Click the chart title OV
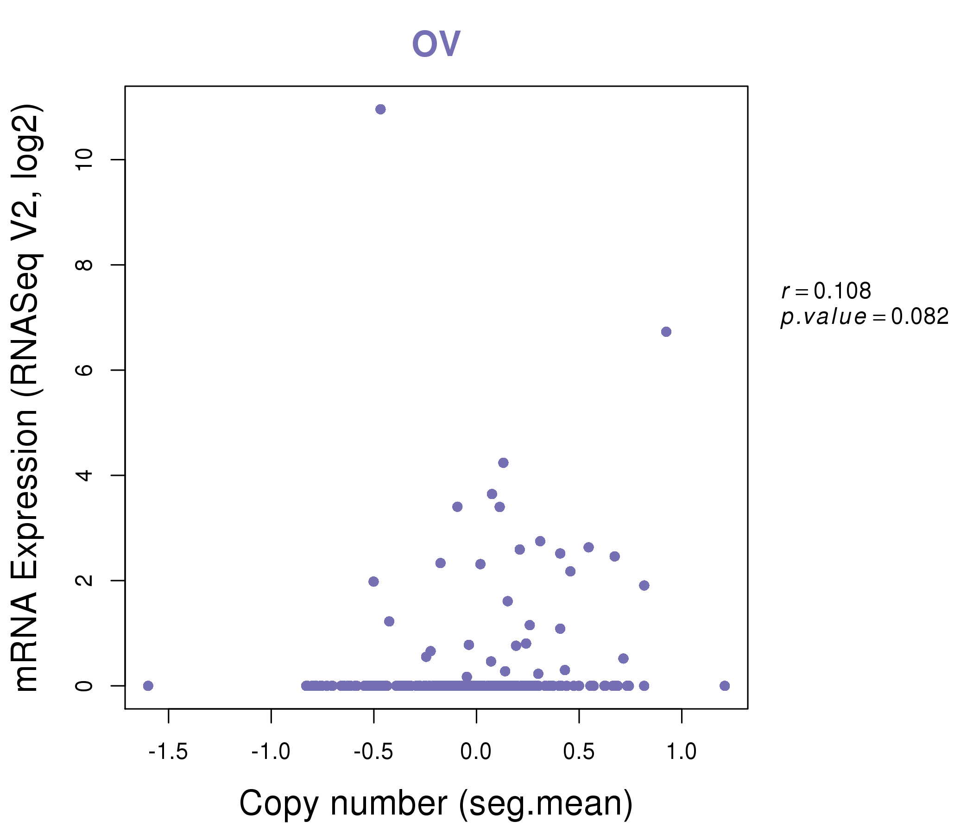point(436,44)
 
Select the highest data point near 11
point(380,109)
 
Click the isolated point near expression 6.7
point(666,332)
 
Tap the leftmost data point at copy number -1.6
point(148,686)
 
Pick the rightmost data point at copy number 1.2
point(725,686)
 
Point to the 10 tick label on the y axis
point(84,160)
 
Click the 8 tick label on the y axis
point(84,265)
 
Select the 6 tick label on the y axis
point(84,370)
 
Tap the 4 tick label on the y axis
point(84,475)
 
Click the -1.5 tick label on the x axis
point(168,752)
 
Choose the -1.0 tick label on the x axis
point(271,752)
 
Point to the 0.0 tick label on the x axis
point(476,752)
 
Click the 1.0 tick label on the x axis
point(682,752)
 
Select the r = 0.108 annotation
point(826,291)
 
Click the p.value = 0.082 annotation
point(865,317)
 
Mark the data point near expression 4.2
point(503,463)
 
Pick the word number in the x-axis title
point(389,804)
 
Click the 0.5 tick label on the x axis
point(579,752)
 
